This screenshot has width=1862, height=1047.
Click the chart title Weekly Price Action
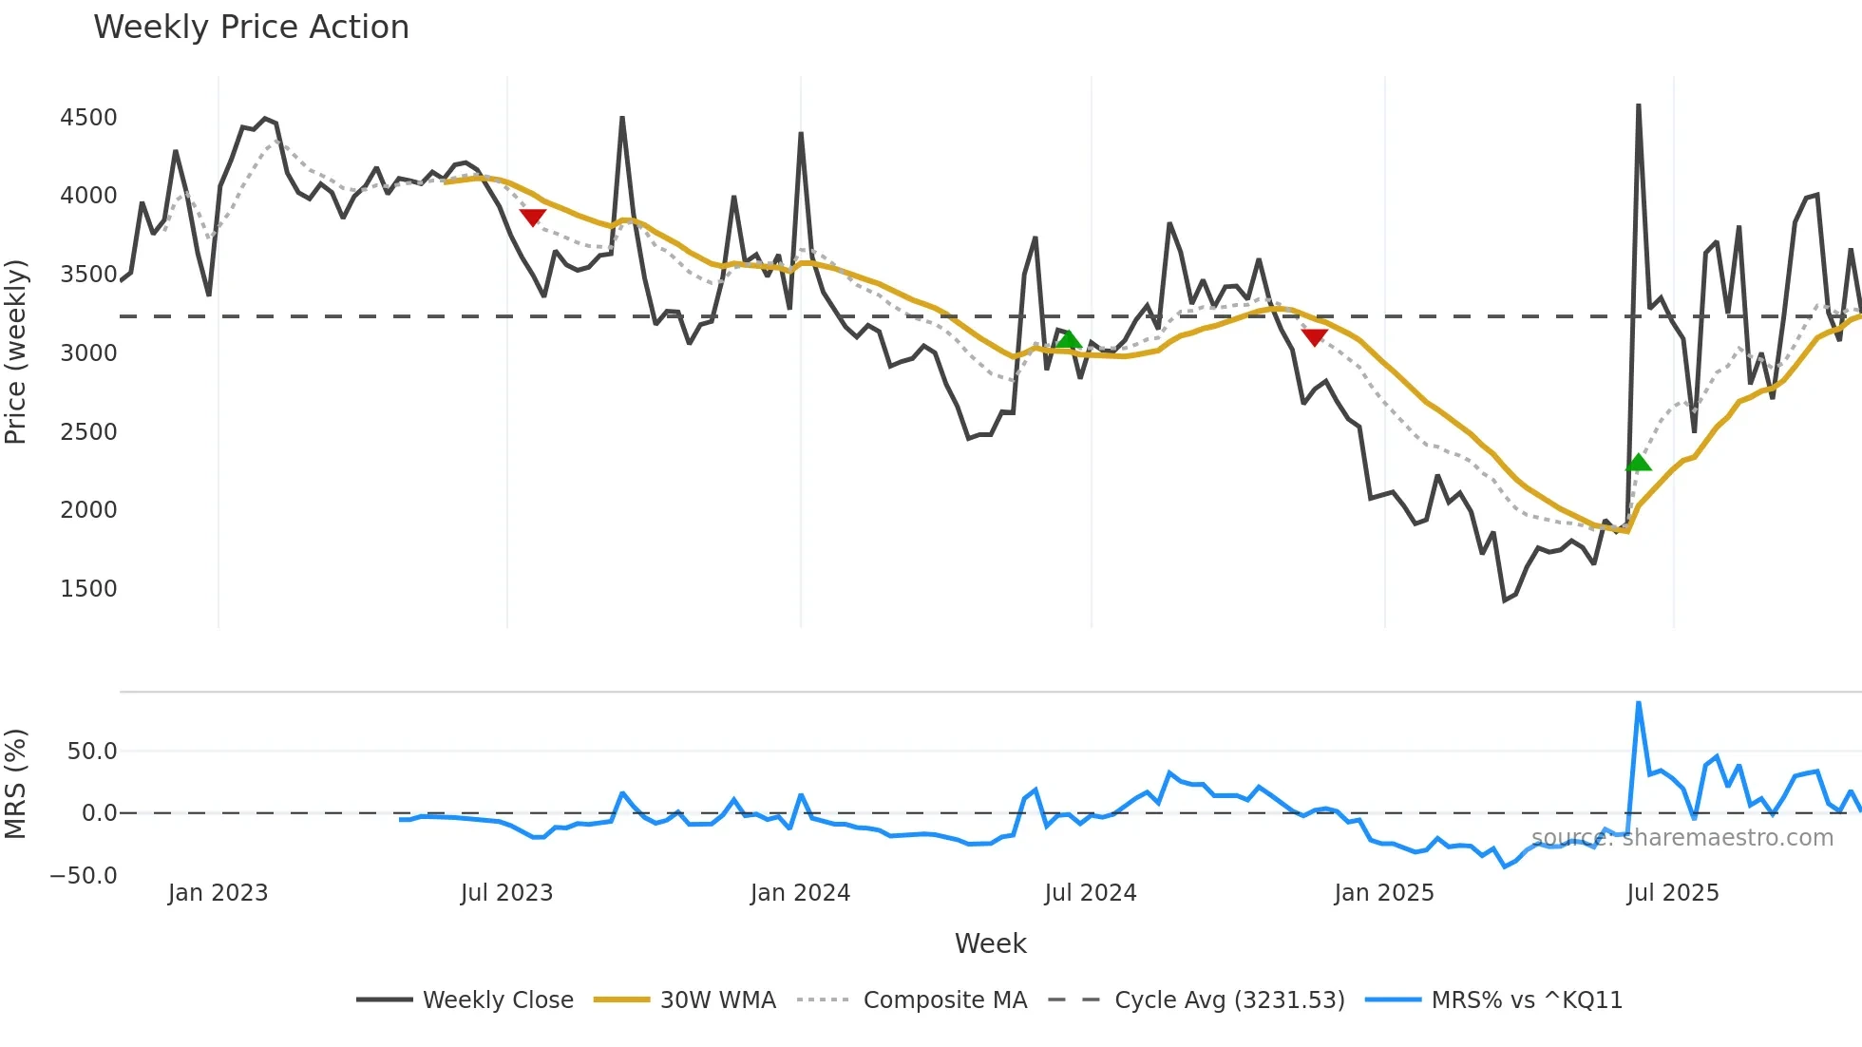click(x=251, y=28)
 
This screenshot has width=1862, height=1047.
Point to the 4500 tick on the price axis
click(x=88, y=118)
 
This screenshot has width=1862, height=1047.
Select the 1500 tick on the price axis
click(x=88, y=589)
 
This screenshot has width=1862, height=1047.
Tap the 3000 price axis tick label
click(x=88, y=353)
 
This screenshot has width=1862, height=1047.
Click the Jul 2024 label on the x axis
click(x=1090, y=893)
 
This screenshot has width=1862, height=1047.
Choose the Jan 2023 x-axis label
click(x=218, y=893)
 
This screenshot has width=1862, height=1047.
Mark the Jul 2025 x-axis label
click(x=1672, y=893)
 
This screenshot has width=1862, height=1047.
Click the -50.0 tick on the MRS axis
click(x=84, y=876)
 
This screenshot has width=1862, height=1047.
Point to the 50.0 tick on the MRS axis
click(x=91, y=752)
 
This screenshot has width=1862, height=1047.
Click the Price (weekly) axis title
click(x=16, y=352)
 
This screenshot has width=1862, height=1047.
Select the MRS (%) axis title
click(x=16, y=784)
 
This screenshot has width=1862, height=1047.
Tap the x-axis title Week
click(x=990, y=943)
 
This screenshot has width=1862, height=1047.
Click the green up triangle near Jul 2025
click(x=1638, y=463)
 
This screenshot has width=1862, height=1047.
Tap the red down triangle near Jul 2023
click(x=532, y=217)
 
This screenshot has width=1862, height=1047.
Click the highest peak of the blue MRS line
click(x=1638, y=704)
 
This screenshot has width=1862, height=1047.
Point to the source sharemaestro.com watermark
click(x=1681, y=838)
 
